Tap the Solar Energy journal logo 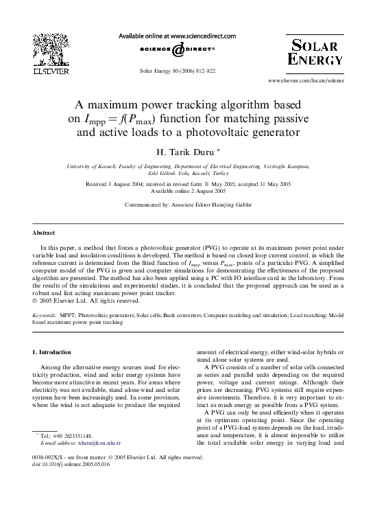(315, 53)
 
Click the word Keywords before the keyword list (45, 314)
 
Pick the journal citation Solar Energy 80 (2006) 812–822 (177, 71)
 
